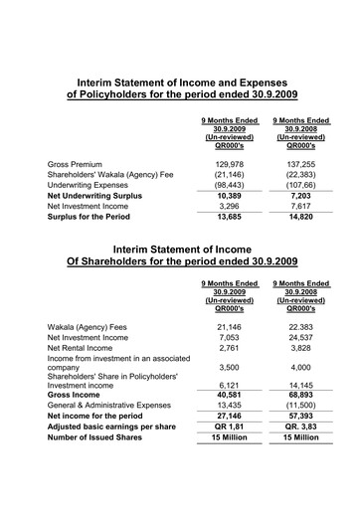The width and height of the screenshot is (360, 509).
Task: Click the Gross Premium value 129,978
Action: [x=229, y=163]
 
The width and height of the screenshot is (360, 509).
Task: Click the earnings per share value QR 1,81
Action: [x=229, y=428]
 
